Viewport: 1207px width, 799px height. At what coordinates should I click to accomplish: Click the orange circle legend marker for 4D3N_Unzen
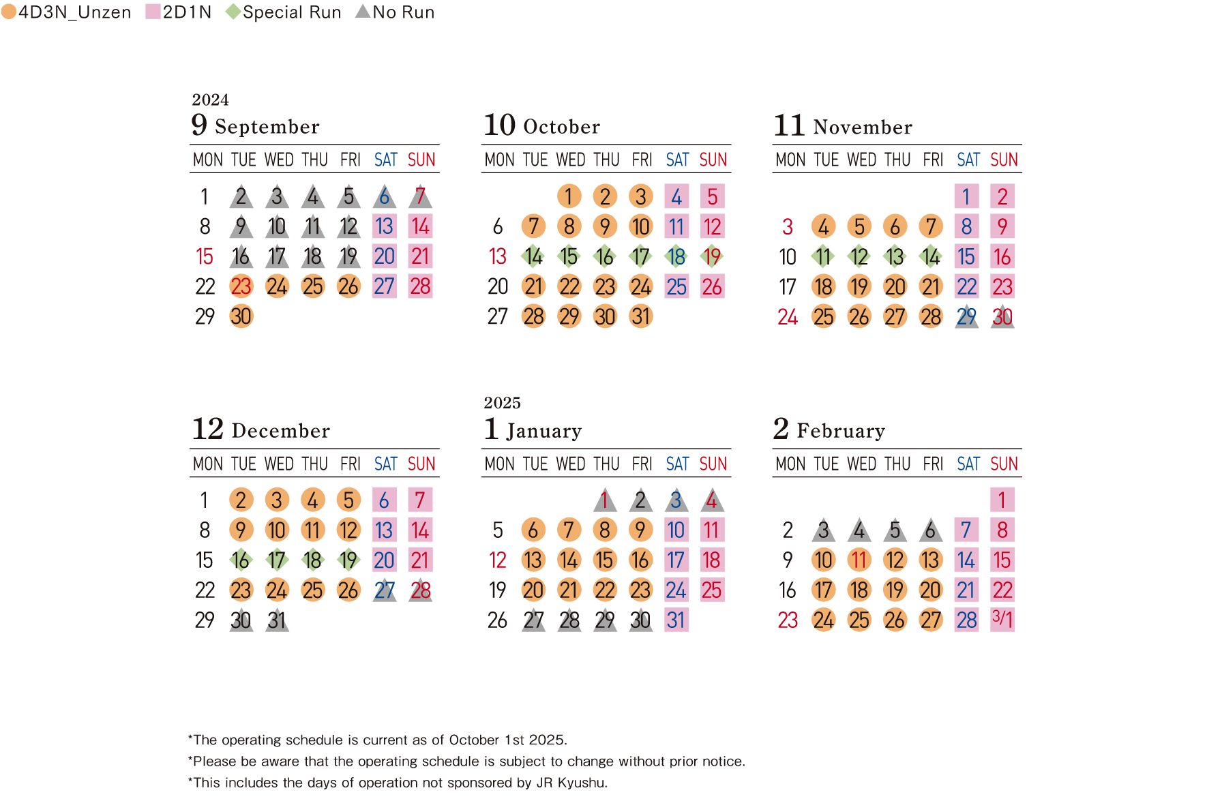coord(9,12)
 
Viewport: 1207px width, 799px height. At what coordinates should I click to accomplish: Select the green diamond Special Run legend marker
coord(233,12)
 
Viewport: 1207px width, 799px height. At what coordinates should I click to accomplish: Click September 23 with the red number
coord(241,286)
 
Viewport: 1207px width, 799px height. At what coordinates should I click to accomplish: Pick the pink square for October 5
coord(712,196)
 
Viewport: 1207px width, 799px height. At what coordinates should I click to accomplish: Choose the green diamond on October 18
coord(676,256)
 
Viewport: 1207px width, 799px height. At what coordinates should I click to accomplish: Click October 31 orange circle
coord(640,316)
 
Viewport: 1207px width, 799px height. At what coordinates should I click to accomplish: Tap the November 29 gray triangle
coord(966,317)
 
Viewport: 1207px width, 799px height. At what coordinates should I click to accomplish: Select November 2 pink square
coord(1002,196)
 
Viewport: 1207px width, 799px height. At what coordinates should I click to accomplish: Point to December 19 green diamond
coord(348,560)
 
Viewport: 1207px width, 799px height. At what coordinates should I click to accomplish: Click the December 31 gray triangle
coord(277,620)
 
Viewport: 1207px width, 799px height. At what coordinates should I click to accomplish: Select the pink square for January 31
coord(676,620)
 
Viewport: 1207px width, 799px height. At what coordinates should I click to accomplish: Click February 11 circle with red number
coord(859,560)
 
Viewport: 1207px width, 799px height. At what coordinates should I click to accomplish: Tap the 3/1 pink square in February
coord(1002,620)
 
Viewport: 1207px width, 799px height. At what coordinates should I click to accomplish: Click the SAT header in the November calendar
coord(968,160)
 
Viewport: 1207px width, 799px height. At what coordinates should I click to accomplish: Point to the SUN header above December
coord(421,464)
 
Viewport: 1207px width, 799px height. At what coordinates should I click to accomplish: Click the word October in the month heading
coord(561,127)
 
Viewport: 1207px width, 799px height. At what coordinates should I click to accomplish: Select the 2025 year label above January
coord(502,403)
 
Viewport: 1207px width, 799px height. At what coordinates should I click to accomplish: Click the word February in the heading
coord(840,431)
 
